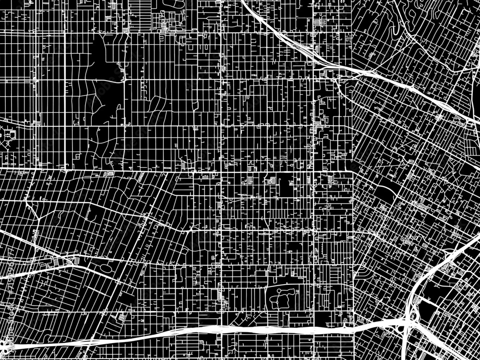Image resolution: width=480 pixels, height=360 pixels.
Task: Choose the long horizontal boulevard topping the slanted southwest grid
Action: pos(144,170)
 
